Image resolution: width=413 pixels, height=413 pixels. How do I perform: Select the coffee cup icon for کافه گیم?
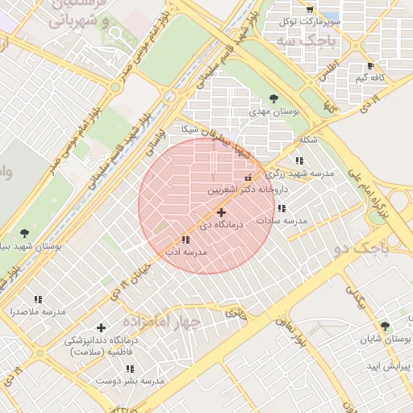point(370,66)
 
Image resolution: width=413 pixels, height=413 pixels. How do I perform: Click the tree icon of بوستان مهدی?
point(273,98)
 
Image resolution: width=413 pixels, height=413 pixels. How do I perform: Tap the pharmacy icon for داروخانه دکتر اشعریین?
point(248,177)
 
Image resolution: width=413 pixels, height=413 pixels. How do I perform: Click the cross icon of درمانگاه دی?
point(222,212)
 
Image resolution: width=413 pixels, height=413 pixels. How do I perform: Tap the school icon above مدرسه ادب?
point(186,240)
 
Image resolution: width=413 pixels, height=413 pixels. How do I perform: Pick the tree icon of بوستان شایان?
point(385,326)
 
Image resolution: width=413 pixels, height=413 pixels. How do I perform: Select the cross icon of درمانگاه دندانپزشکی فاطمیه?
point(101,327)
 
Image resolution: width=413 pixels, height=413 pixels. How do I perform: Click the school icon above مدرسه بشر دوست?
point(130,368)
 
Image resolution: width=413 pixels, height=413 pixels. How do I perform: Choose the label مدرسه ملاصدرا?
point(37,311)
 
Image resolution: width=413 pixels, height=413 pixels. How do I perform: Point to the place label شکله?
point(308,140)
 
